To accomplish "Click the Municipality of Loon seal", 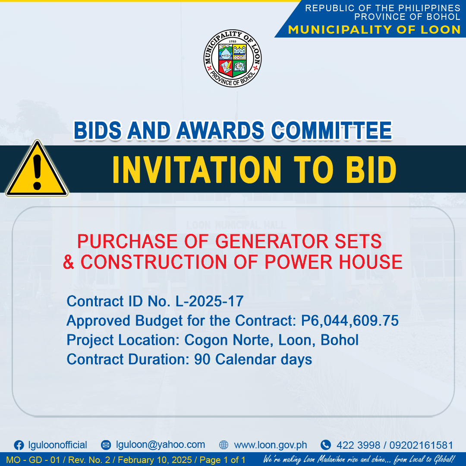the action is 233,58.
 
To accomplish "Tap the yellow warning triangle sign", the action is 37,169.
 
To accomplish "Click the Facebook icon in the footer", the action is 19,445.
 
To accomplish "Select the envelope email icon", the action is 106,445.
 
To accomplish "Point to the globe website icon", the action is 224,445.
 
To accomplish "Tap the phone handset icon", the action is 326,445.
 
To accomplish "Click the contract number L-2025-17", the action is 210,301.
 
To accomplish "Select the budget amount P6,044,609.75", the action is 350,321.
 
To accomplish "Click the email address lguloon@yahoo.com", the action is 161,444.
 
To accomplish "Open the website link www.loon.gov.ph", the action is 271,445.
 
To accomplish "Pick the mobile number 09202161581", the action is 421,445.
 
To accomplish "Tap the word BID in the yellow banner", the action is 371,170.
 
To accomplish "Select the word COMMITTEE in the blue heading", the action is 332,130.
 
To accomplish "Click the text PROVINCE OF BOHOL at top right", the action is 407,17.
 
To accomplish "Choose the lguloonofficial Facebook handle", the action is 57,445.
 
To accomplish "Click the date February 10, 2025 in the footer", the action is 155,460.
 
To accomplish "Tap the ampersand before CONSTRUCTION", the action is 68,262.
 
